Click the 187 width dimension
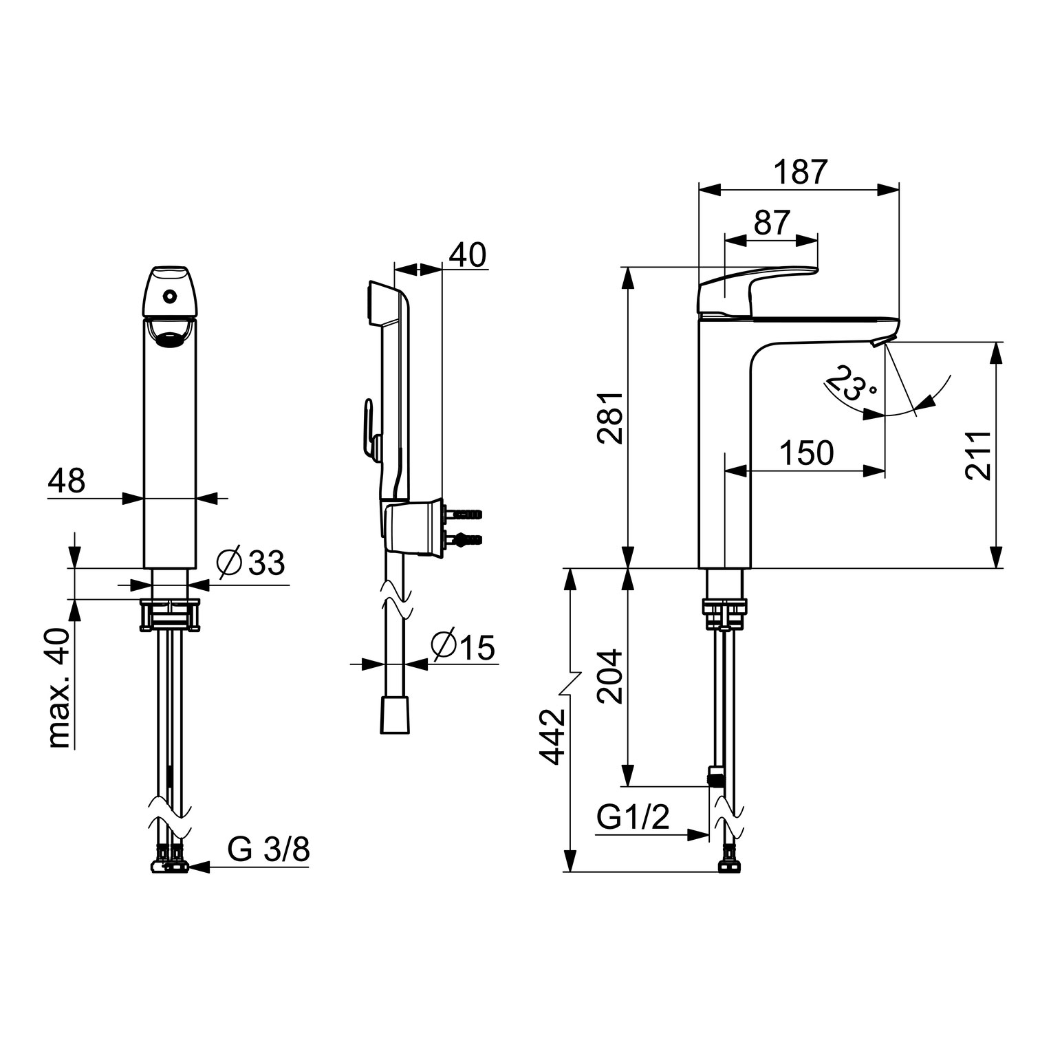pos(799,172)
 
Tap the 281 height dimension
pos(610,418)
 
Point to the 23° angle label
pos(852,384)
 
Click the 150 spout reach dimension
pos(806,453)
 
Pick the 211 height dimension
pos(977,455)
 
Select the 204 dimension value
pos(610,676)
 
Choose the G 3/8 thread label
pos(269,851)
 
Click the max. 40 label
pos(61,688)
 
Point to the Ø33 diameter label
pos(250,564)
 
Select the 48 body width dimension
pos(67,481)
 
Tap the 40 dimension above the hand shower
pos(467,254)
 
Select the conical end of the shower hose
pos(396,715)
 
